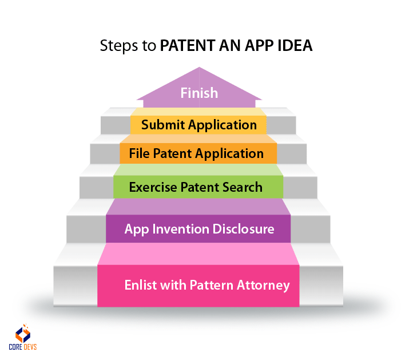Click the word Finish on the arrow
[x=199, y=93]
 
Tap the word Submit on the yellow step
[x=163, y=125]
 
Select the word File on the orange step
[x=139, y=153]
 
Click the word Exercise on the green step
[x=153, y=187]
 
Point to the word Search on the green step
[x=243, y=187]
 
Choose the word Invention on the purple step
[x=181, y=229]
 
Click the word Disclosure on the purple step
[x=243, y=229]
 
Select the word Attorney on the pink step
[x=263, y=286]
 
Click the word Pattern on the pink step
[x=211, y=285]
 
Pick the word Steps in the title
[x=119, y=46]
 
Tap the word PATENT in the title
[x=188, y=45]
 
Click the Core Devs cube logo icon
[x=23, y=333]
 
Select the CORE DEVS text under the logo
[x=23, y=347]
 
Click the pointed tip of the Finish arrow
[x=199, y=68]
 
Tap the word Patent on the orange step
[x=172, y=153]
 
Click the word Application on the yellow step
[x=223, y=125]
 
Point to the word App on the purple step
[x=137, y=230]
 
